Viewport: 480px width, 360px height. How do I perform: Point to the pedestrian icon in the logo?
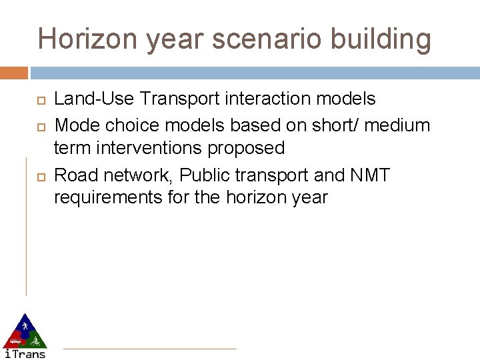(x=24, y=325)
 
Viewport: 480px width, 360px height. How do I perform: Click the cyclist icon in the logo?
(x=35, y=341)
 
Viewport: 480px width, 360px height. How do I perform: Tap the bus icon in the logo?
(x=14, y=340)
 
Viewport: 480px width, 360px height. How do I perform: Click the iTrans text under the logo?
(x=25, y=353)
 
